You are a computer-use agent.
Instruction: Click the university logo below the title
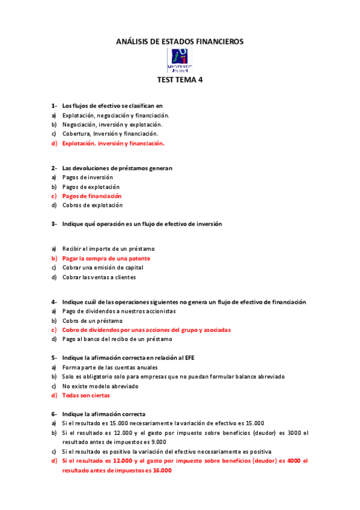(180, 61)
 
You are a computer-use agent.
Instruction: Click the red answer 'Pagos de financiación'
(91, 196)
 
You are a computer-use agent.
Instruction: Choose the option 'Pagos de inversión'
(87, 177)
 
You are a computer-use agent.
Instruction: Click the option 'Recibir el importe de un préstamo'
(108, 249)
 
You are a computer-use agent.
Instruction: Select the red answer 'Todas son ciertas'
(86, 395)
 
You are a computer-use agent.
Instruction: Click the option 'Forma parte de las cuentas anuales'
(110, 367)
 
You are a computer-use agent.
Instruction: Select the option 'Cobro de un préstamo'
(92, 321)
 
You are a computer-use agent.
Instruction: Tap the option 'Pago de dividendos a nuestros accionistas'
(119, 311)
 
